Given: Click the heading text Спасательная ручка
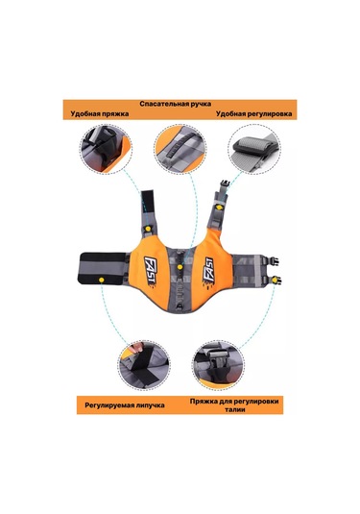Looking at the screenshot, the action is (176, 104).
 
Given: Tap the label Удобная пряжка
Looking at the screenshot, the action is (100, 113).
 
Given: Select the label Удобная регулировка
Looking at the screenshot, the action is (253, 113).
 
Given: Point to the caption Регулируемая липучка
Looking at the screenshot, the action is (125, 405).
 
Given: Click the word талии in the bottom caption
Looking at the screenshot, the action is (235, 409).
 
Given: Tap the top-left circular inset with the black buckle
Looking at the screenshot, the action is (107, 150).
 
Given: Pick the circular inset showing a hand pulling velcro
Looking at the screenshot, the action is (144, 364).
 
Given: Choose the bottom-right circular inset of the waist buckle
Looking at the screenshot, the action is (219, 365).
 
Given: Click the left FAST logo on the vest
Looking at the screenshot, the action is (151, 271).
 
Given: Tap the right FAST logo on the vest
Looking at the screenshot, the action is (208, 273).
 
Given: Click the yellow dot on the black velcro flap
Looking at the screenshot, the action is (101, 280).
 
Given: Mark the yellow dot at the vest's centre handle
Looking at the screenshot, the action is (180, 267).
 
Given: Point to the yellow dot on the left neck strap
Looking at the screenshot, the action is (148, 228).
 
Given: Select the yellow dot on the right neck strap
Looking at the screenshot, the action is (219, 208).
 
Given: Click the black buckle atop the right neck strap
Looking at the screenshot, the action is (225, 185).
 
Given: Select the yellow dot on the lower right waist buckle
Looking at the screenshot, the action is (275, 280).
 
